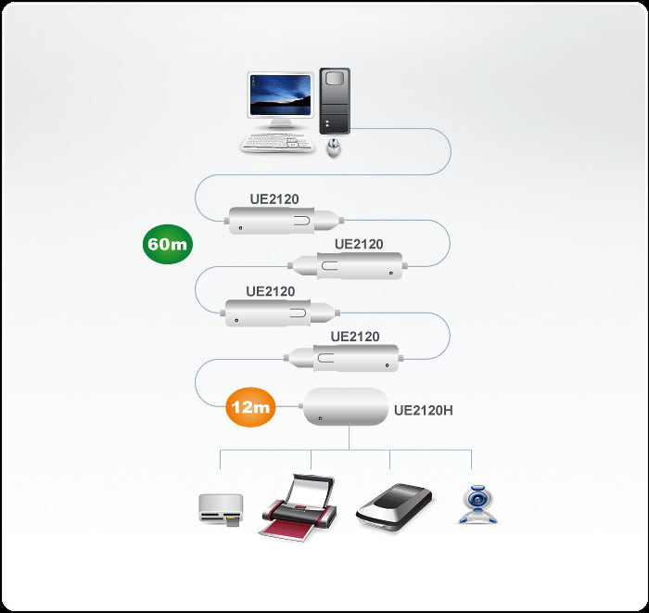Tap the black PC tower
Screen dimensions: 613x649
(336, 101)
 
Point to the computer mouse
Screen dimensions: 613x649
(334, 147)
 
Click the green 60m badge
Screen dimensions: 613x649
(167, 245)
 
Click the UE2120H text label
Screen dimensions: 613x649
(424, 409)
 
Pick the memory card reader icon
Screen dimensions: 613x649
(222, 509)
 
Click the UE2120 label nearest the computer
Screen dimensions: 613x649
(274, 198)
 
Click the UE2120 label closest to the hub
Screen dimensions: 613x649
(355, 336)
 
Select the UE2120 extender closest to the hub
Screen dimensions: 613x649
(347, 356)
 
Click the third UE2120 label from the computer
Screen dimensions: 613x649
(271, 291)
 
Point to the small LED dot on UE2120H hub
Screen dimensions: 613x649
(319, 420)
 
